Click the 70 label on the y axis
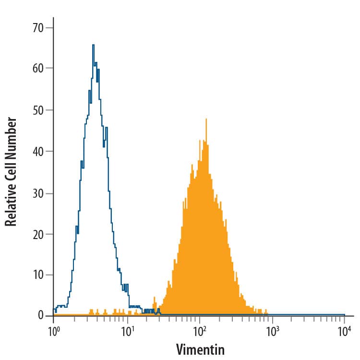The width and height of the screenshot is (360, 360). pyautogui.click(x=38, y=28)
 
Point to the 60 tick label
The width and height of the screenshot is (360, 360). pyautogui.click(x=38, y=69)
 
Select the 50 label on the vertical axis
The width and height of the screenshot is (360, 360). pyautogui.click(x=38, y=110)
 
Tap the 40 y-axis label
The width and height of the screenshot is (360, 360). pyautogui.click(x=38, y=152)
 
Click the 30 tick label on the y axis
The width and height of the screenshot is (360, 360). pyautogui.click(x=38, y=193)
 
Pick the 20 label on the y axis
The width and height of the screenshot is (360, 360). pyautogui.click(x=38, y=234)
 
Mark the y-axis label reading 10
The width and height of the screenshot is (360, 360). pyautogui.click(x=38, y=276)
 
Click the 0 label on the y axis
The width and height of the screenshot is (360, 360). pyautogui.click(x=41, y=315)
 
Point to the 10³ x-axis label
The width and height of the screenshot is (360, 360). pyautogui.click(x=272, y=331)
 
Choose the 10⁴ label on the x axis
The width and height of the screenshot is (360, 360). pyautogui.click(x=344, y=331)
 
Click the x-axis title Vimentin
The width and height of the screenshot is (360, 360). pyautogui.click(x=200, y=349)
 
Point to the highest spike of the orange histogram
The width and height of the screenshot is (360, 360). pyautogui.click(x=206, y=119)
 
